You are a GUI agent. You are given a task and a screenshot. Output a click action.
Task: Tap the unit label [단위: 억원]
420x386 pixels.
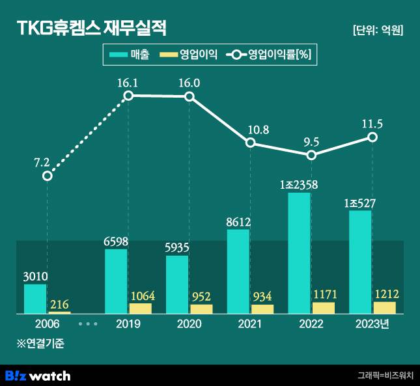[x=377, y=30]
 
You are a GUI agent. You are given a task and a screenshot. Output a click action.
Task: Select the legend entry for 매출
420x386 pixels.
[x=130, y=55]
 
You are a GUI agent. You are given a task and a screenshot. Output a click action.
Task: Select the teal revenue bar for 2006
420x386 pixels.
[x=35, y=299]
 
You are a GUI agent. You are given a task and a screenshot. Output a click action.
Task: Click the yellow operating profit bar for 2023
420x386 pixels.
[x=384, y=308]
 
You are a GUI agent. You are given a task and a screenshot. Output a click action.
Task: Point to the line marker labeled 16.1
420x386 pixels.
[x=128, y=96]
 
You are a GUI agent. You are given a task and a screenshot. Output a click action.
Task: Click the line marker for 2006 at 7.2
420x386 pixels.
[x=47, y=176]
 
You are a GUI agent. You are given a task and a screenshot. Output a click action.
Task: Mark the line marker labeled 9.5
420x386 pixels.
[x=311, y=155]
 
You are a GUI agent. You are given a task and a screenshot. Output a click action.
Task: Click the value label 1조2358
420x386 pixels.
[x=298, y=185]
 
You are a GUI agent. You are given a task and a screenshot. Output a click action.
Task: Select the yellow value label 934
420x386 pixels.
[x=263, y=297]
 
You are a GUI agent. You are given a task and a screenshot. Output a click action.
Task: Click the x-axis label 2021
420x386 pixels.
[x=250, y=324]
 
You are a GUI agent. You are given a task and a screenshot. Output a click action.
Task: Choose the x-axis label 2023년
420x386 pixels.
[x=373, y=324]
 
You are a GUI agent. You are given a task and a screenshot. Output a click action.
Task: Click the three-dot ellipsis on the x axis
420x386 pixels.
[x=87, y=324]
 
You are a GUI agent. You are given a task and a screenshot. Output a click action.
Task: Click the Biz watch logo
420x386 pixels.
[x=38, y=376]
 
